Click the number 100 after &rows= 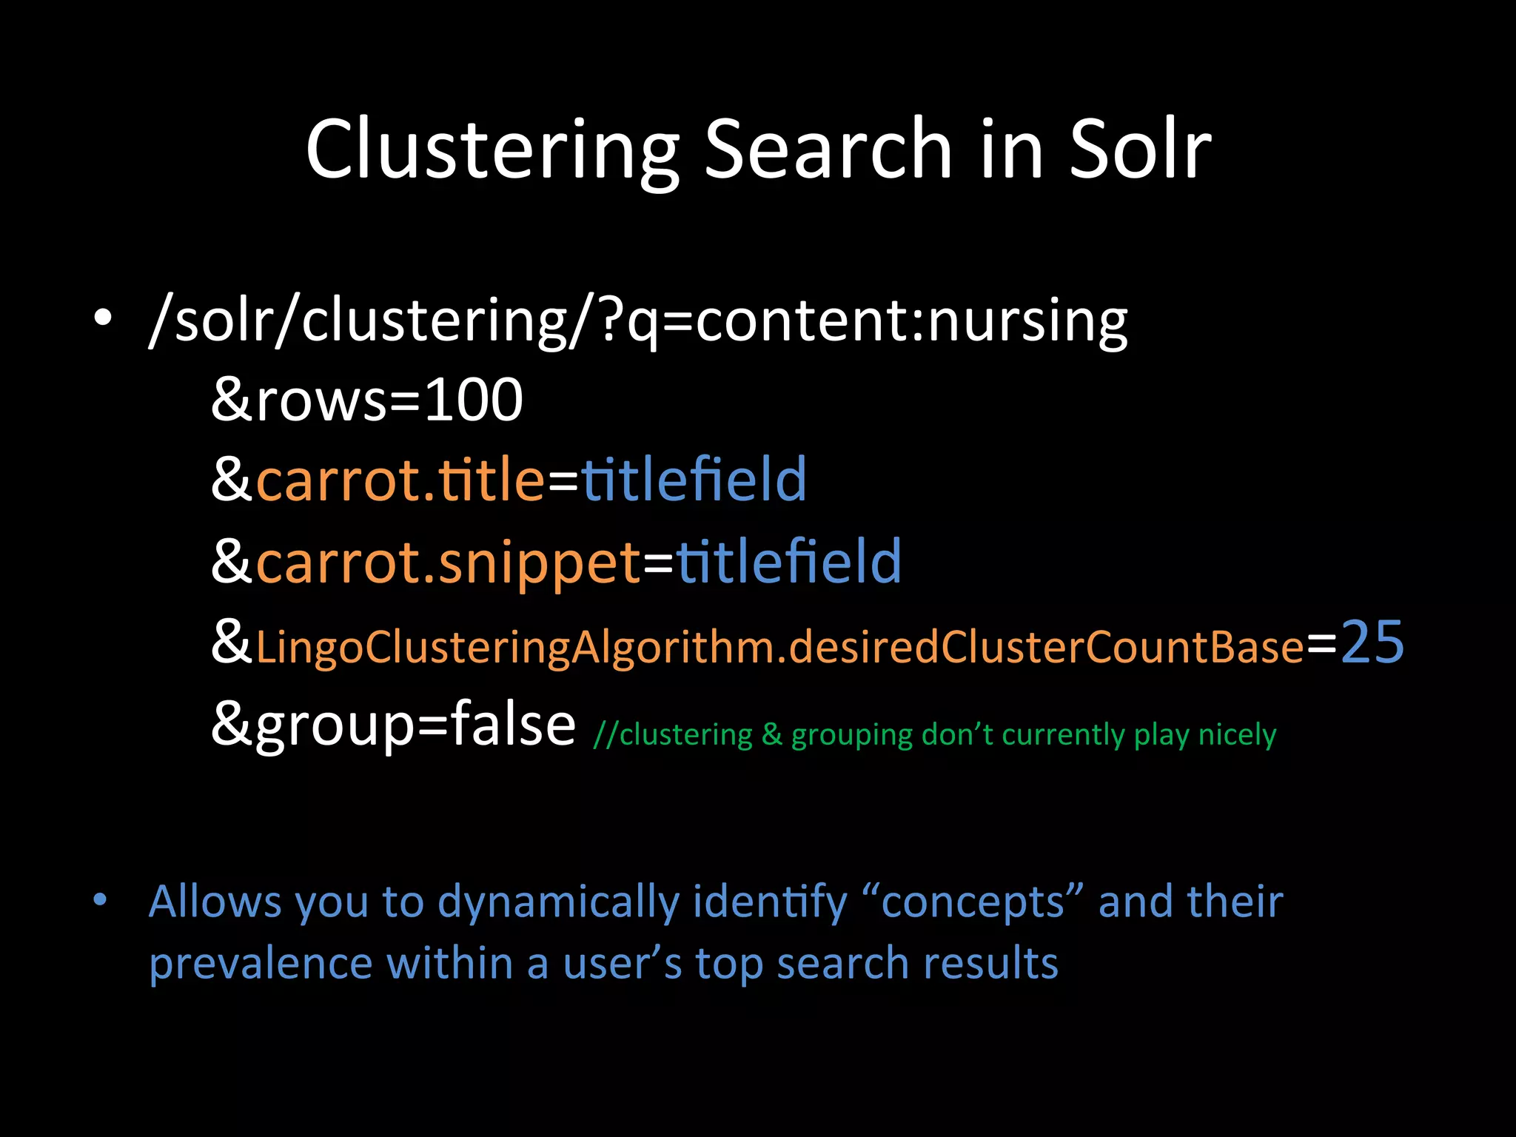click(474, 400)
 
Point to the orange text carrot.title click(400, 480)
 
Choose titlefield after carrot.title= click(694, 480)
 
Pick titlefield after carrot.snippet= click(788, 561)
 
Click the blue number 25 click(1372, 643)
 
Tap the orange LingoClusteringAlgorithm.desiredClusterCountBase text click(779, 647)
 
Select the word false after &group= click(512, 724)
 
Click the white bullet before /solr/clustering click(103, 318)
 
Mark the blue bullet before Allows click(101, 900)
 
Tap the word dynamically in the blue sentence click(558, 903)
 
